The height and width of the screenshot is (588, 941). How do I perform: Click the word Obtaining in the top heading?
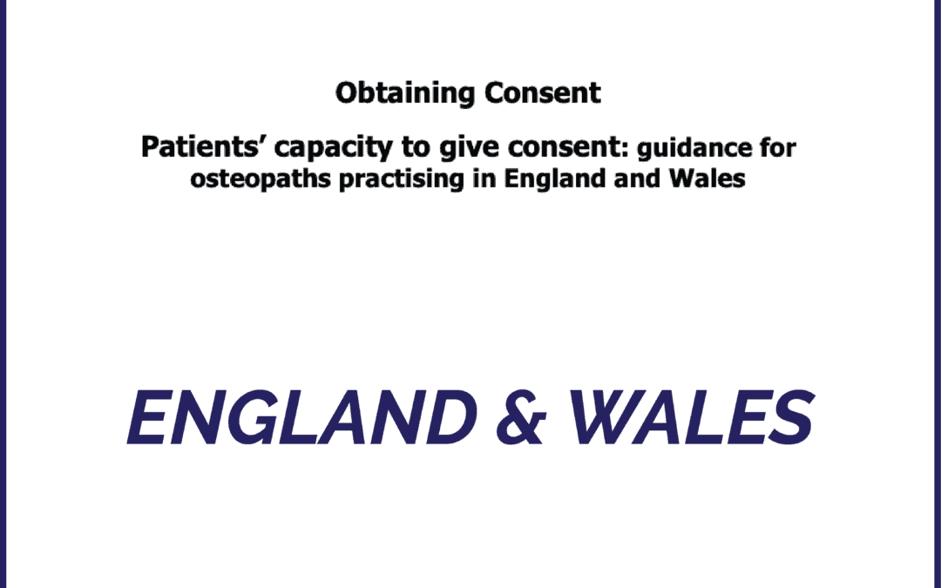(405, 93)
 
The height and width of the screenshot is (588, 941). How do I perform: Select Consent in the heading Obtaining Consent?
(543, 92)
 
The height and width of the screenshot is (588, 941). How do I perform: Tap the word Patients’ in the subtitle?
(203, 147)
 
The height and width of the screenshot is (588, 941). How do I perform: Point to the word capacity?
(334, 148)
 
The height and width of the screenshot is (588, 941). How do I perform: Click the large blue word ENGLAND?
(301, 417)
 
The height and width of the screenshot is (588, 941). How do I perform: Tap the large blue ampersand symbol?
(521, 417)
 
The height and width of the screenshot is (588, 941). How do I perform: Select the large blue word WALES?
(691, 417)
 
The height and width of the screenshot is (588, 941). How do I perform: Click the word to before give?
(416, 147)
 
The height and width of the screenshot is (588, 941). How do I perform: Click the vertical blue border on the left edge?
(3, 294)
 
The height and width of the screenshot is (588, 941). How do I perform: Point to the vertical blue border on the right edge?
(938, 294)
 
